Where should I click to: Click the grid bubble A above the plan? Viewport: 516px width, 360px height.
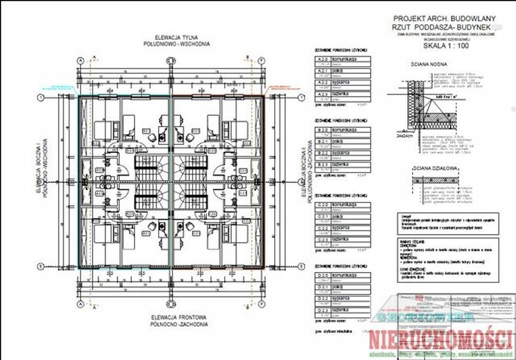[80, 60]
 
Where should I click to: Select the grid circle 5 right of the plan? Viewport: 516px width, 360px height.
[301, 267]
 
